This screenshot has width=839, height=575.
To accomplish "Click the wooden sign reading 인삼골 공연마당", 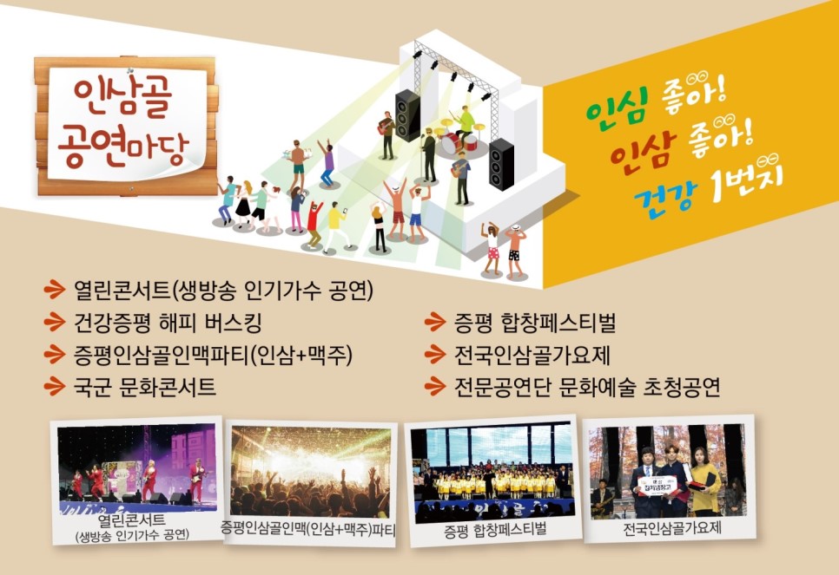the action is (x=126, y=126).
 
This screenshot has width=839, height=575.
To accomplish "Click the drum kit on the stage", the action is (x=457, y=138).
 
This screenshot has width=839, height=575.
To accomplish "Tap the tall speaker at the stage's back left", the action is (x=407, y=114).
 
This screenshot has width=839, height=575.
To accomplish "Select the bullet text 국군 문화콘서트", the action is (x=144, y=386).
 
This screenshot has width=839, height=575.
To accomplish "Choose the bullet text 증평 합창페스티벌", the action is (x=534, y=323).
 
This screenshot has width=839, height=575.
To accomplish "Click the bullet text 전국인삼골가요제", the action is (x=532, y=355).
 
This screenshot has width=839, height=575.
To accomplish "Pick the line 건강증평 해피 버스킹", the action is (x=168, y=323).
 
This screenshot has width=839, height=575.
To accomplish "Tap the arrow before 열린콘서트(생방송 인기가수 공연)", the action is (x=55, y=291).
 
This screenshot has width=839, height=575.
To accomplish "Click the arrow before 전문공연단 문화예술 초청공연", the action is (x=435, y=386).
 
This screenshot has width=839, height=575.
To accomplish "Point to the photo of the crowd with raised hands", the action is (x=310, y=471).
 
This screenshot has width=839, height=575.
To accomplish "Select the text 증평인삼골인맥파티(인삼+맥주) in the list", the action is (x=213, y=355).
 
